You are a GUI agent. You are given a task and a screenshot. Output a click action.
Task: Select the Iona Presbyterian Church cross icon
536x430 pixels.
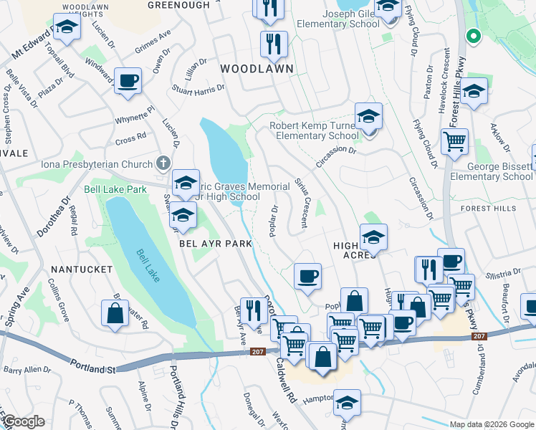(x=163, y=163)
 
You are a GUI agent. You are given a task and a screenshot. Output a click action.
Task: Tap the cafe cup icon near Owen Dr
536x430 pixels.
(x=128, y=81)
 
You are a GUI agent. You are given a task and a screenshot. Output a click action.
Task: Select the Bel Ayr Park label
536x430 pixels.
(x=215, y=244)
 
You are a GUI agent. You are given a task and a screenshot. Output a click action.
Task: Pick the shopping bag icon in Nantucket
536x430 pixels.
(x=115, y=314)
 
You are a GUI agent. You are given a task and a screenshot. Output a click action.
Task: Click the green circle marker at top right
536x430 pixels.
(x=472, y=35)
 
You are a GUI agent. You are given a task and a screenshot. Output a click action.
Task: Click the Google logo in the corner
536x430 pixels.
(x=22, y=421)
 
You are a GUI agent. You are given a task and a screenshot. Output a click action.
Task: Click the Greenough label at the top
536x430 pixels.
(x=178, y=5)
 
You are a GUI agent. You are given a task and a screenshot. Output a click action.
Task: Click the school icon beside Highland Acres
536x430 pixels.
(x=373, y=236)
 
